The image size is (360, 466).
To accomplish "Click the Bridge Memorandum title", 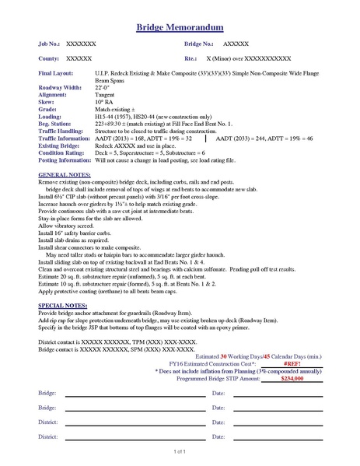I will point(180,27).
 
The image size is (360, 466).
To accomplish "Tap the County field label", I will point(49,58).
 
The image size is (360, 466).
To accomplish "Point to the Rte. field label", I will point(190,58).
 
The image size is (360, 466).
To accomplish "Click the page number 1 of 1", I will point(180,451).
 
